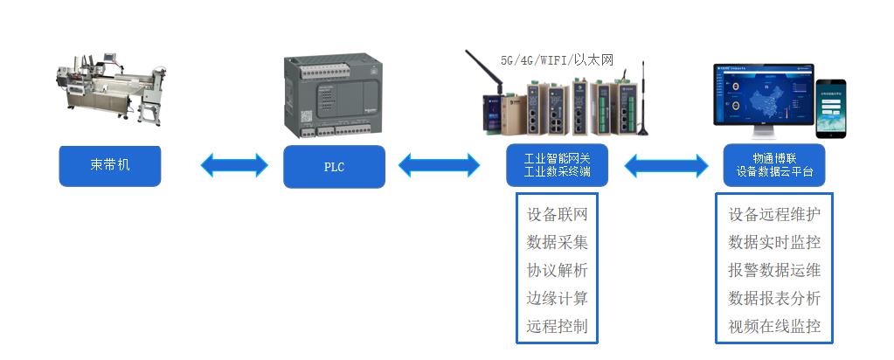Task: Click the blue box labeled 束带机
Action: [110, 165]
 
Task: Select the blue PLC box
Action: [334, 166]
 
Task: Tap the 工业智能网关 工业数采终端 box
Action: [557, 165]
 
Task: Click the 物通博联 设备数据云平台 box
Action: [774, 165]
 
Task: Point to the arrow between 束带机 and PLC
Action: [234, 164]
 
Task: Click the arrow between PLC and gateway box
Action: [439, 164]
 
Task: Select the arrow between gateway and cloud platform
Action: [667, 164]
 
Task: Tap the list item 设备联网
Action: [557, 215]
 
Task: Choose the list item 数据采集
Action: [557, 243]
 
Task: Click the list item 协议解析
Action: [557, 271]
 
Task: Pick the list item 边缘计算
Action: [557, 299]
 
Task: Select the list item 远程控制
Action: [557, 327]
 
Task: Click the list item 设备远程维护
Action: [774, 215]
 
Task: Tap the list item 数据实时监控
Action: [774, 243]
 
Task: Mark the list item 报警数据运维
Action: [774, 271]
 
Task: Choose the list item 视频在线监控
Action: [774, 327]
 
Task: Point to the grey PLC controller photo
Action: [334, 96]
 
